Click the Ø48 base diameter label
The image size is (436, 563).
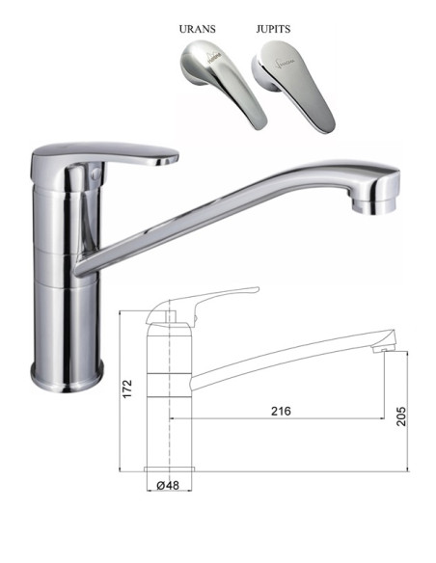click(x=170, y=485)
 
